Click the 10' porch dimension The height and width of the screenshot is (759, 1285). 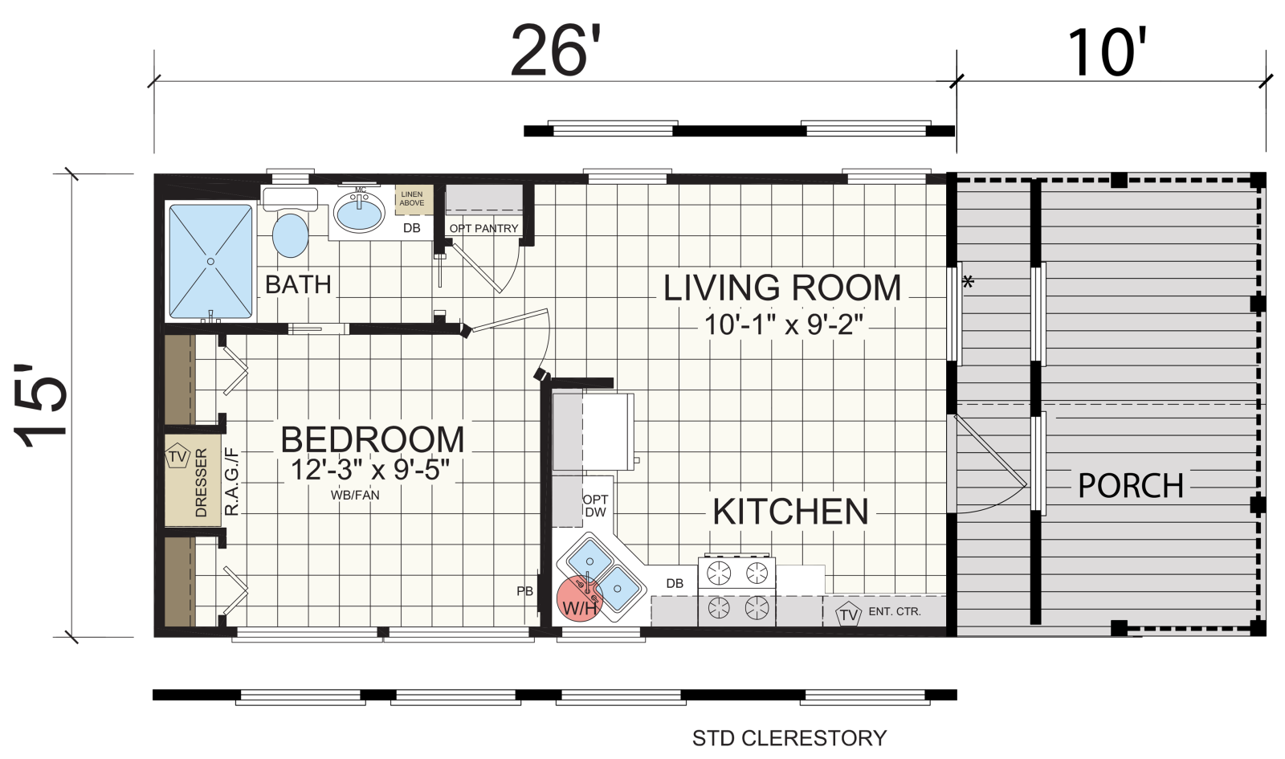(1108, 53)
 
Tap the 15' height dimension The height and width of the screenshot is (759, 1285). (40, 405)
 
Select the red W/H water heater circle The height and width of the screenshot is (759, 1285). (579, 599)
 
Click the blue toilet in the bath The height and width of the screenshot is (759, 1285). (290, 236)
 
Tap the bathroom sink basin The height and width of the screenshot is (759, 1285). (359, 211)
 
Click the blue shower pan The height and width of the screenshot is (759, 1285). (210, 262)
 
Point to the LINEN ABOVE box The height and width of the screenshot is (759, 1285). (413, 199)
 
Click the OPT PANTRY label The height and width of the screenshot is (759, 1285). (483, 228)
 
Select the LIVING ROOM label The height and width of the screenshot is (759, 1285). (782, 288)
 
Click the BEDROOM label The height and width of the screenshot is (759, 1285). (373, 439)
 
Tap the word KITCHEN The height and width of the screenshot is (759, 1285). (790, 511)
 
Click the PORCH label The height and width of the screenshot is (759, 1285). (1131, 486)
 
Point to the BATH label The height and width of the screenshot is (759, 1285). (298, 284)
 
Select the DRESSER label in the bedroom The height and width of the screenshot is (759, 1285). (201, 483)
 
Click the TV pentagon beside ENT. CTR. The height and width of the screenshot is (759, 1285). (848, 614)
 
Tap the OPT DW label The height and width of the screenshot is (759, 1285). (595, 505)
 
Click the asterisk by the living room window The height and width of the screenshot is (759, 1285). (969, 282)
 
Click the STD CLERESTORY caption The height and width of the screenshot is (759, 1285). (789, 738)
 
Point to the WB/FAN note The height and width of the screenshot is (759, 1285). (355, 495)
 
